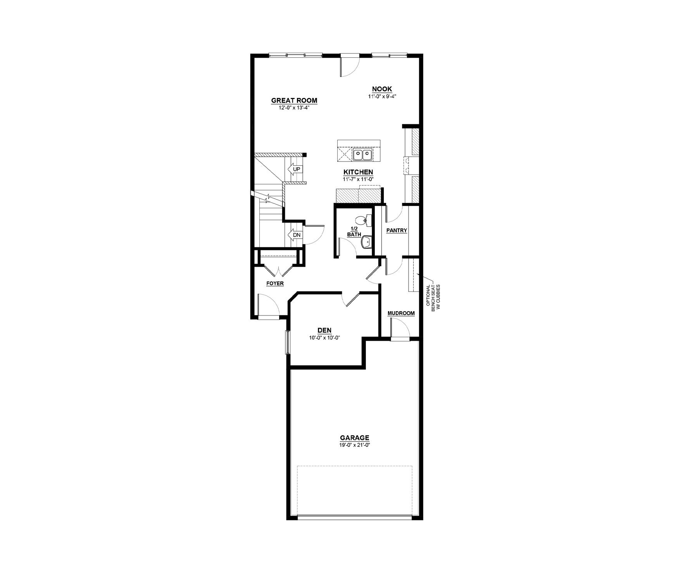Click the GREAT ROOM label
pos(294,101)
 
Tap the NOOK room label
pos(382,89)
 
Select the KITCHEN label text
pos(358,172)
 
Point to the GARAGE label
pos(355,438)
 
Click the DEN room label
pos(324,330)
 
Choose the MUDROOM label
pos(401,313)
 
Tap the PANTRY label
pos(397,231)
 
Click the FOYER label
pos(275,283)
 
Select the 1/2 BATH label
pos(354,232)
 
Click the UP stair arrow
pos(294,169)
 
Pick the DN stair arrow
pos(294,235)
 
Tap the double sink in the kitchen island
pos(362,155)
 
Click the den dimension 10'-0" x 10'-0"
pos(324,338)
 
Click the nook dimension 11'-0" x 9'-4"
pos(382,97)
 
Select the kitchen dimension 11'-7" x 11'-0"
pos(358,179)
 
